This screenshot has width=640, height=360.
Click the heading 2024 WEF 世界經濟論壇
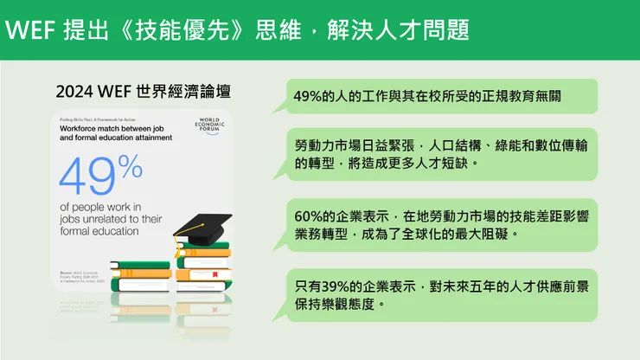coord(143,91)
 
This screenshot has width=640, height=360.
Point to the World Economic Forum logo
coord(210,126)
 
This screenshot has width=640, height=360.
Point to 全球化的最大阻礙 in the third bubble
coord(458,234)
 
